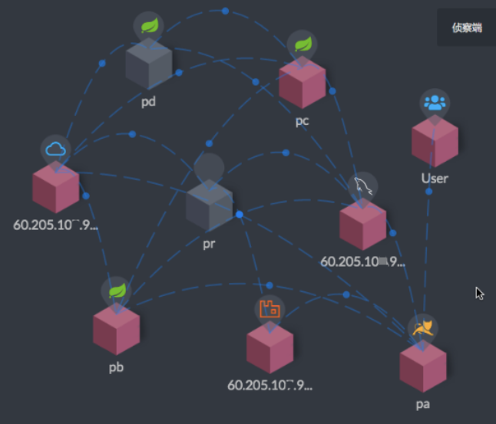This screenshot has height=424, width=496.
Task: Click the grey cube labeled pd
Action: pyautogui.click(x=148, y=66)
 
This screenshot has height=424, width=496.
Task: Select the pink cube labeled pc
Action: pyautogui.click(x=302, y=83)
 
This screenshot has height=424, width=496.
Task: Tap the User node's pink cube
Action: pyautogui.click(x=435, y=142)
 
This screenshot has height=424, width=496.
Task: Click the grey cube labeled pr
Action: pyautogui.click(x=209, y=205)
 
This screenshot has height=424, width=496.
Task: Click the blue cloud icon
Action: pyautogui.click(x=56, y=149)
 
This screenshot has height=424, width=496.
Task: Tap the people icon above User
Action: pyautogui.click(x=435, y=104)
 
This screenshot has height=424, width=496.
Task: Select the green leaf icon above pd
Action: pyautogui.click(x=148, y=26)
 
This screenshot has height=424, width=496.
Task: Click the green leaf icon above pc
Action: pyautogui.click(x=302, y=44)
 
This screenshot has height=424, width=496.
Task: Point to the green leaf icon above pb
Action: pyautogui.click(x=116, y=291)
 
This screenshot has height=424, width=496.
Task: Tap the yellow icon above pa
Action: pyautogui.click(x=422, y=329)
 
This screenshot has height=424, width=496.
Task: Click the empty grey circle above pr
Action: pyautogui.click(x=209, y=167)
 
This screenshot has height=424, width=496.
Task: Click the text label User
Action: pyautogui.click(x=435, y=179)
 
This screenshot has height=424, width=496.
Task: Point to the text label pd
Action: pyautogui.click(x=148, y=101)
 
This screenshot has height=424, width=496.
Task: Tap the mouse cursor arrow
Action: pyautogui.click(x=479, y=293)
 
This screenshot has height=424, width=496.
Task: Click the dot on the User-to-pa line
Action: pyautogui.click(x=429, y=192)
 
